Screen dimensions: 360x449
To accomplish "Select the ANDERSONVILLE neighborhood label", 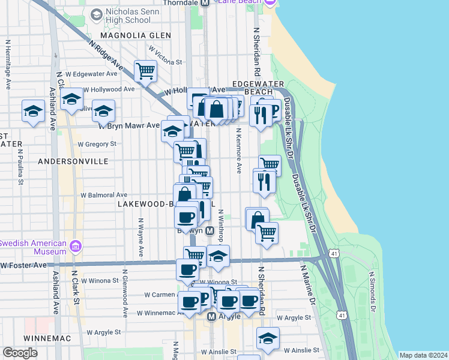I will coord(73,161).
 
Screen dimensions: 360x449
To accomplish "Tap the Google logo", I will coord(20,353).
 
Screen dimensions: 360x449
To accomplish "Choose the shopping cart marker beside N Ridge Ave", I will coord(145,71).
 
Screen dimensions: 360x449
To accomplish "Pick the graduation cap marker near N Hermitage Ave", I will coord(33,110).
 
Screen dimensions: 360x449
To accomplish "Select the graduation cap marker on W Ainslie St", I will coord(268,338).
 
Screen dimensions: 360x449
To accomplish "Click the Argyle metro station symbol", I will coord(211,316).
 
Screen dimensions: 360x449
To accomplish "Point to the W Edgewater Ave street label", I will coord(91,74).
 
